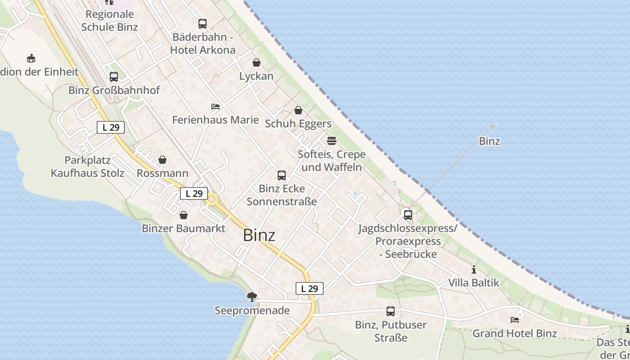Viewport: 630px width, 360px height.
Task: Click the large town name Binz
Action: coord(259,235)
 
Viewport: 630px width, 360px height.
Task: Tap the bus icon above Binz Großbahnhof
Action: coord(113,77)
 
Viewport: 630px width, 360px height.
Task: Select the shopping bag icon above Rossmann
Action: coord(162,160)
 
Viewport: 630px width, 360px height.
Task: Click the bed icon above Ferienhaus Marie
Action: coord(216,107)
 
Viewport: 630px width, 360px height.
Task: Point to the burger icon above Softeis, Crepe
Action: coord(332,141)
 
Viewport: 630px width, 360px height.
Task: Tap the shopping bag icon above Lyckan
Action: coord(256,63)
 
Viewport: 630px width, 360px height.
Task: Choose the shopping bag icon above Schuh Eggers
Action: coord(298,110)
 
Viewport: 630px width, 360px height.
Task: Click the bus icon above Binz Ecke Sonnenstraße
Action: coord(282,175)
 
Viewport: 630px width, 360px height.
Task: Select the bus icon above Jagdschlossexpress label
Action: coord(408,215)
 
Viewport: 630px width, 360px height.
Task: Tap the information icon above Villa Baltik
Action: coord(474,270)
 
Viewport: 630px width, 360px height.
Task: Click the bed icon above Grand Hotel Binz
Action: coord(515,320)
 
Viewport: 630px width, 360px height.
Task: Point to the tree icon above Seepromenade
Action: coord(252,297)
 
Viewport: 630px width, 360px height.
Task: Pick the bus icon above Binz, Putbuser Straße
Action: coord(391,311)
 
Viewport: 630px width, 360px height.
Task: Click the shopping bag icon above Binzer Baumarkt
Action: coord(184,215)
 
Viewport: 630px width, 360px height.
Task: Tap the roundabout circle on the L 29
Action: coord(211,198)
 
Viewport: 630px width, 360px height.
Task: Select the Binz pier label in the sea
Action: coord(490,141)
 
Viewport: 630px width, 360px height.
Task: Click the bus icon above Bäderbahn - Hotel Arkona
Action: coord(202,24)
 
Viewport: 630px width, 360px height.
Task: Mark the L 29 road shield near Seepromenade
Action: coord(310,288)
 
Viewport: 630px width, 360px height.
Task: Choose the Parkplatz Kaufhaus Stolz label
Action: coord(88,166)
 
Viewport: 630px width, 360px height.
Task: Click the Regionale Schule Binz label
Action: coord(110,21)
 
